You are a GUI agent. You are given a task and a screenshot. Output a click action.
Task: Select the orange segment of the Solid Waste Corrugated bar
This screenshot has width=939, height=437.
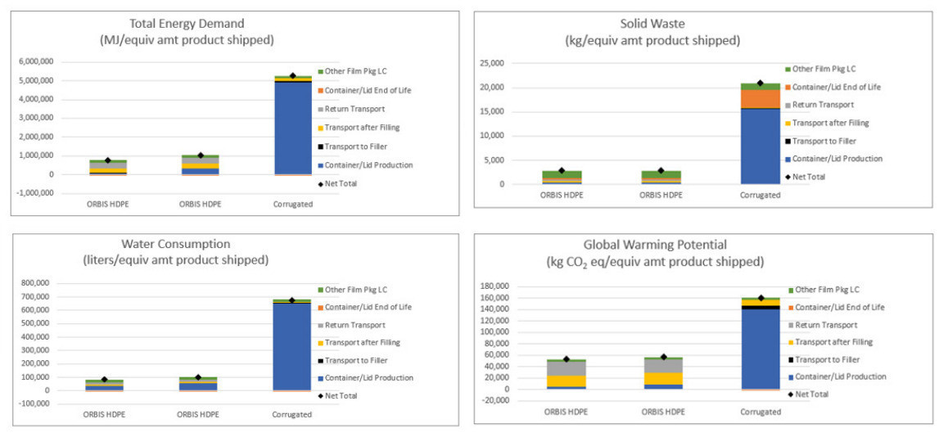point(761,98)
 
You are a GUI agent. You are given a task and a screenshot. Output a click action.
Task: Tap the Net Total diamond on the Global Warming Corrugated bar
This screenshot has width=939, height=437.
point(761,298)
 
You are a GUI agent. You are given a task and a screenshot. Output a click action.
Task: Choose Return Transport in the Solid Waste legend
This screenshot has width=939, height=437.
point(828,105)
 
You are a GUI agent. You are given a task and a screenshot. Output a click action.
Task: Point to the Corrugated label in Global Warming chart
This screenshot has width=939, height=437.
point(761,412)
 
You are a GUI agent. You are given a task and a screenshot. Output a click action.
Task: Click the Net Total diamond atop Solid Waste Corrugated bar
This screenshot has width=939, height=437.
point(761,83)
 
